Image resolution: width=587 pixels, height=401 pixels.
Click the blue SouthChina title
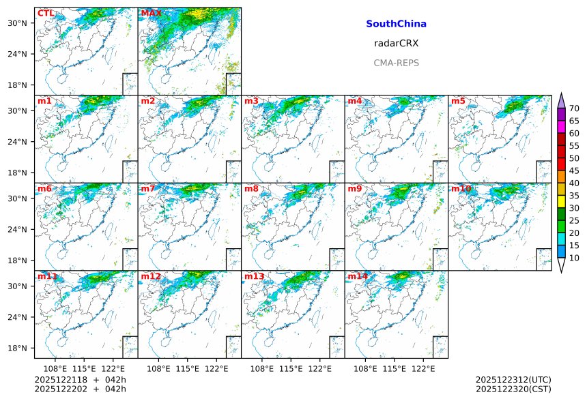396,24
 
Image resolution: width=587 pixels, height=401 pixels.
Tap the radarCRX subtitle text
396,43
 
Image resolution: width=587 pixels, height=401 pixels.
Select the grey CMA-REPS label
396,63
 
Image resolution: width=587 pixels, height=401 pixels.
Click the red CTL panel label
46,13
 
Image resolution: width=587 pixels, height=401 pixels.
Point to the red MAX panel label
151,13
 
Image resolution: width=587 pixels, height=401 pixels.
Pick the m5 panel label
458,101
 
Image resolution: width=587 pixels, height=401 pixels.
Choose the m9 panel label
354,188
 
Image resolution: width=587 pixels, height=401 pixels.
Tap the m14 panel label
357,276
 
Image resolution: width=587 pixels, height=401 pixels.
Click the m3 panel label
251,101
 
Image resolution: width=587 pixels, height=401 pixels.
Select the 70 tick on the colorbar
574,108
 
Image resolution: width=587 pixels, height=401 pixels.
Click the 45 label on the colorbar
574,170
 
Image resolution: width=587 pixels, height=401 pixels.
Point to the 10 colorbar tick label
574,258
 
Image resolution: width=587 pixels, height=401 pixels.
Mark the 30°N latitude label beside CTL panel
17,23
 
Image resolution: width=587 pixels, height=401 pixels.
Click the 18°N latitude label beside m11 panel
17,348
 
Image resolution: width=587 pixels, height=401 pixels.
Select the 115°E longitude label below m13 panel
291,368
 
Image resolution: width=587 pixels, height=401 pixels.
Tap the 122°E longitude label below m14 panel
423,368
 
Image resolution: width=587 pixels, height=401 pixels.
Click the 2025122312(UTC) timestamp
513,380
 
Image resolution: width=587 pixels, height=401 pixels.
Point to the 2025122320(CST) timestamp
513,389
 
